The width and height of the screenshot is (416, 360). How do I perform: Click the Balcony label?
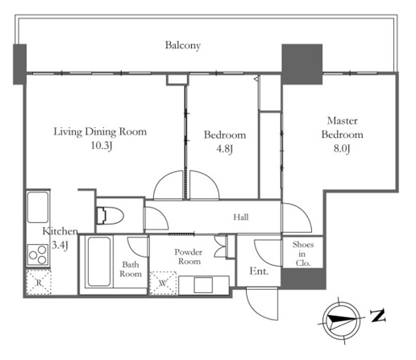183,45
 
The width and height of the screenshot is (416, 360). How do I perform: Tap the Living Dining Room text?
100,131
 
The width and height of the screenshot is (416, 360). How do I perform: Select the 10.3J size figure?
101,146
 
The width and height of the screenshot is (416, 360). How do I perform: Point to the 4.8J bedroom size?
224,148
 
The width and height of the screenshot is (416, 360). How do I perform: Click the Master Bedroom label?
343,127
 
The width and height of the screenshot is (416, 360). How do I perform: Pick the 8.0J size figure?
342,148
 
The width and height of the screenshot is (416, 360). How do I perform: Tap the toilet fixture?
110,215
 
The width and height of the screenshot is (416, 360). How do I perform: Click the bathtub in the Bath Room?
99,261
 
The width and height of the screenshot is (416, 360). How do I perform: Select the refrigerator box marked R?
39,282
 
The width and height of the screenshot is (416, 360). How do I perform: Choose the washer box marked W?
163,283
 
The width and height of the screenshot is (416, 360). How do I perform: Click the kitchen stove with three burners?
38,254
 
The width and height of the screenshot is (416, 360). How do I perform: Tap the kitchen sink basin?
38,207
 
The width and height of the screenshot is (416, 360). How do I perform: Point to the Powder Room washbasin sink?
203,285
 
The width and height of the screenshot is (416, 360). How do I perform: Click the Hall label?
241,217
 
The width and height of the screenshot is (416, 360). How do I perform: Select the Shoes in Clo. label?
303,254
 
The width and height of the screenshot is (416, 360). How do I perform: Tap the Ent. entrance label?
259,271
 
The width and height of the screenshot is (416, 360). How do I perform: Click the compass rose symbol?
341,321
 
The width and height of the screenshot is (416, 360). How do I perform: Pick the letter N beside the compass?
378,316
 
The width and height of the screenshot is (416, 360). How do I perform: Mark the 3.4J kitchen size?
60,245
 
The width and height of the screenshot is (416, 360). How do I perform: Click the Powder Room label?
189,257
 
